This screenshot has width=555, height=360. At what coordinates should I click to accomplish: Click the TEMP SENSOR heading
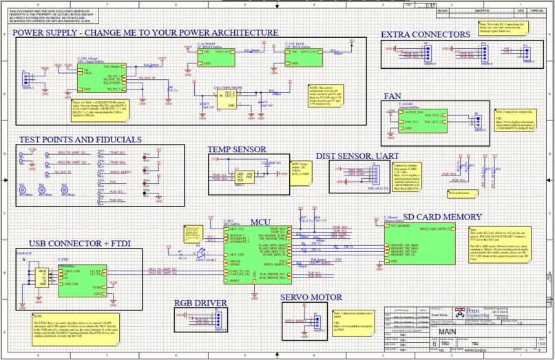[x=237, y=149]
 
